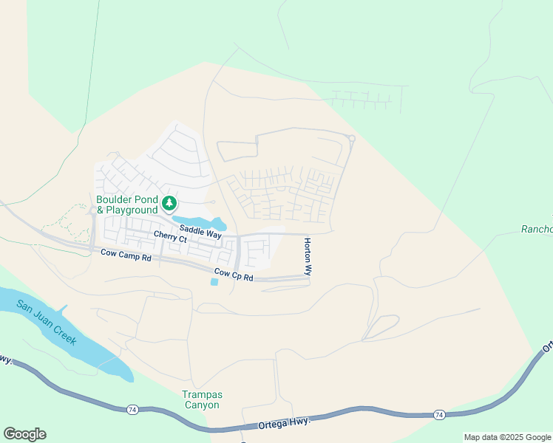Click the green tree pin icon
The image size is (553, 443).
point(169,202)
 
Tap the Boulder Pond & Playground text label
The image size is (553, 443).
point(127,205)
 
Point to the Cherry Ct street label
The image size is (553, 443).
point(170,236)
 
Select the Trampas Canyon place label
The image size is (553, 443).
point(201,399)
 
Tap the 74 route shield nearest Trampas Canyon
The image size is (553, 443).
point(131,408)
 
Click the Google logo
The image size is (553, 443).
point(24,434)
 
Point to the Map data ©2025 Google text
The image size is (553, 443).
point(508,437)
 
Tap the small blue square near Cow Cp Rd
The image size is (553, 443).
point(214,281)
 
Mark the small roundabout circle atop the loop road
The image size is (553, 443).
point(352,138)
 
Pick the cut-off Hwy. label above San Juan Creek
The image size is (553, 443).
point(6,360)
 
